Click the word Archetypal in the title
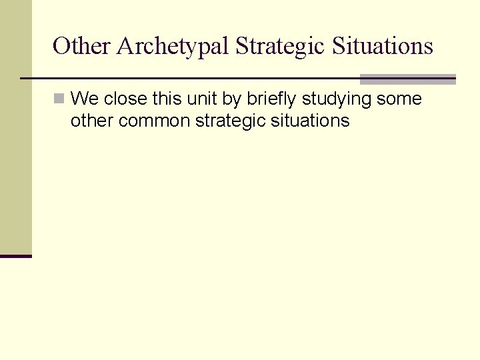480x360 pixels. pos(173,47)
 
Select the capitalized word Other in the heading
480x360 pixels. pos(81,46)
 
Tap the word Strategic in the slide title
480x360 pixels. pos(280,47)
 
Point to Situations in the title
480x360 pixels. pos(383,46)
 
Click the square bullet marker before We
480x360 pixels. pos(59,99)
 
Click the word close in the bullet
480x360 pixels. pos(126,99)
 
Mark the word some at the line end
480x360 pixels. pos(399,99)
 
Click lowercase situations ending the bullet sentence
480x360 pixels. pos(311,120)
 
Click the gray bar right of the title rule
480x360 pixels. pos(407,79)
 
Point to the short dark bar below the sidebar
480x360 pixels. pos(16,255)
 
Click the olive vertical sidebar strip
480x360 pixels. pos(16,127)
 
